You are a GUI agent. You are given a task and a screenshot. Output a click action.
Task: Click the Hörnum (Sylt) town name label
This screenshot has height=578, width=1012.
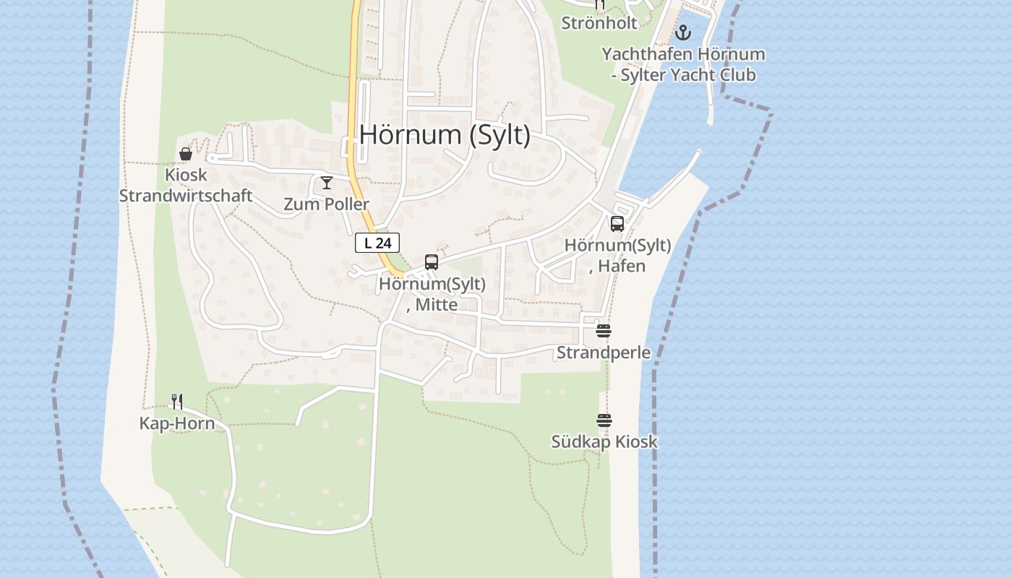[x=445, y=135]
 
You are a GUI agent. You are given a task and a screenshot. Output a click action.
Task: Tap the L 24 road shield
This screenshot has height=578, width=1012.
[x=377, y=243]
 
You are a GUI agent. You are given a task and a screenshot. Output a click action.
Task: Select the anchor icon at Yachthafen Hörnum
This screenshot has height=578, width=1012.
[x=683, y=33]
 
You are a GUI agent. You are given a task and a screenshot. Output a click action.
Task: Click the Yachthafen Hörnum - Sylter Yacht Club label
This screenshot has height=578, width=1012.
[x=683, y=64]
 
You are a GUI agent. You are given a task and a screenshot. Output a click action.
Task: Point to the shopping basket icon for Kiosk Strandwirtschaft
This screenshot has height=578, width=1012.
[x=186, y=153]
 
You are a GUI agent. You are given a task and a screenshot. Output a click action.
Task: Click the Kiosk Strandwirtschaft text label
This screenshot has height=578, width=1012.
[x=186, y=186]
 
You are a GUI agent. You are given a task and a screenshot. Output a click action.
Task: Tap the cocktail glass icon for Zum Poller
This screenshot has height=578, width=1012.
[x=327, y=183]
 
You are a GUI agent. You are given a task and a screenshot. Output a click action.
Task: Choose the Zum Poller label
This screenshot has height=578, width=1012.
[x=326, y=204]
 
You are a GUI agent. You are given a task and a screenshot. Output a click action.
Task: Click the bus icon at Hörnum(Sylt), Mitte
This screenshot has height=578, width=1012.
[x=432, y=262]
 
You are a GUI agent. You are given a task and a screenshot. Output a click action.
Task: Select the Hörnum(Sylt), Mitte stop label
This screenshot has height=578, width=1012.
[x=432, y=294]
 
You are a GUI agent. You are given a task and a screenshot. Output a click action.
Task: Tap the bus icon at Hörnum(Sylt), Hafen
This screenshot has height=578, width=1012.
[x=617, y=224]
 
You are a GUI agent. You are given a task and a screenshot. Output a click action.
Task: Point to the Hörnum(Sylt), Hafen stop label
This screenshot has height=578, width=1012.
[x=617, y=256]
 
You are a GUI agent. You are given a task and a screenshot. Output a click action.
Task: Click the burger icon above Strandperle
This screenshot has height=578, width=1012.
[x=604, y=332]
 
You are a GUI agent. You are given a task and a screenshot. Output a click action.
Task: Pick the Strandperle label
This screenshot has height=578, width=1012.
[x=604, y=353]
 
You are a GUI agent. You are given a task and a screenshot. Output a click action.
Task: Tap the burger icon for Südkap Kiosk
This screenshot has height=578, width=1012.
[x=604, y=420]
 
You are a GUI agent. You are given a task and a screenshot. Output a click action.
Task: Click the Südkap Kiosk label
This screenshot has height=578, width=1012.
[x=604, y=441]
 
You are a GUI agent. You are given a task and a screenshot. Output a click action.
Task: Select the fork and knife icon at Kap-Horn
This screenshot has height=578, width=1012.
[x=177, y=402]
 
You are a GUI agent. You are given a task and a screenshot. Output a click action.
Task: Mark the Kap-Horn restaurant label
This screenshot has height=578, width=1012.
[x=177, y=423]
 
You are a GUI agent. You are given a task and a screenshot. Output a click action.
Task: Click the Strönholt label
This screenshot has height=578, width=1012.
[x=599, y=23]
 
